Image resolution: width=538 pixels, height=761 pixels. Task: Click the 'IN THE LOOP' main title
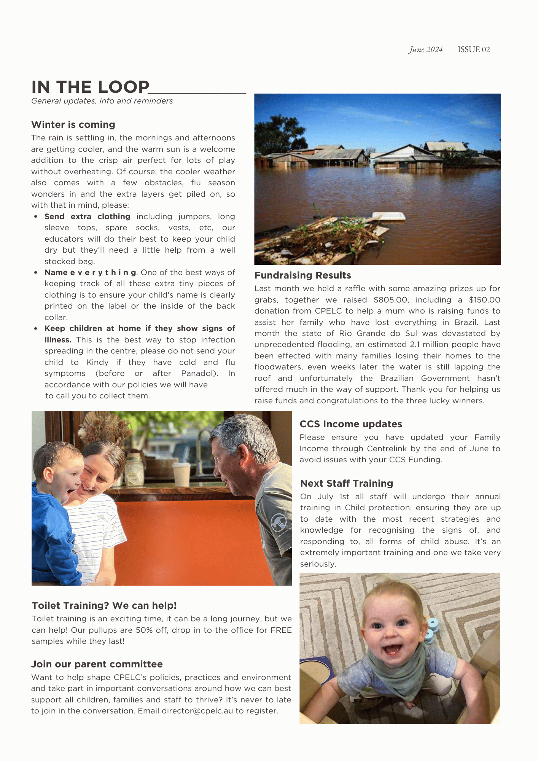pos(91,87)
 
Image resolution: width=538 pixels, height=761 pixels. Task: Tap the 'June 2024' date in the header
pos(426,50)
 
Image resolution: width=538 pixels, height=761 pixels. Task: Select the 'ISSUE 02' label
pos(474,50)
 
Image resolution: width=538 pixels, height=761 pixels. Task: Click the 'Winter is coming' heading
pos(73,125)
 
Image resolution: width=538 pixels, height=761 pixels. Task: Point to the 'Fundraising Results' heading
pos(302,275)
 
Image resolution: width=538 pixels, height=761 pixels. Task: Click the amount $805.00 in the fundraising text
pos(391,300)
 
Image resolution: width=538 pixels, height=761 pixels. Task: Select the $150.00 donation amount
pos(484,300)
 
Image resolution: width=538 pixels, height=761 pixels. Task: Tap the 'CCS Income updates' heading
pos(350,424)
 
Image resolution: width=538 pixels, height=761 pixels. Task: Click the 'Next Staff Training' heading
pos(346,484)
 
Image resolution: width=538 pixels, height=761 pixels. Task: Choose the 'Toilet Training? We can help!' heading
pos(104,606)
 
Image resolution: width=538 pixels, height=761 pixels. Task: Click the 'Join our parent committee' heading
pos(97,664)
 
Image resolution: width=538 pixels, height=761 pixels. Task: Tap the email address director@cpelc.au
pos(197,711)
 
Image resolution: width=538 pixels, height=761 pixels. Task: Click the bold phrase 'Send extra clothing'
pos(87,217)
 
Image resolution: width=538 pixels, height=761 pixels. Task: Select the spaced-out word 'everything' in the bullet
pos(103,273)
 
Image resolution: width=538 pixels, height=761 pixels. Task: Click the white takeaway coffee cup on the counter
pos(181,474)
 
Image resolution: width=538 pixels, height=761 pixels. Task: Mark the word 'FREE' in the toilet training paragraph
pos(281,630)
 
